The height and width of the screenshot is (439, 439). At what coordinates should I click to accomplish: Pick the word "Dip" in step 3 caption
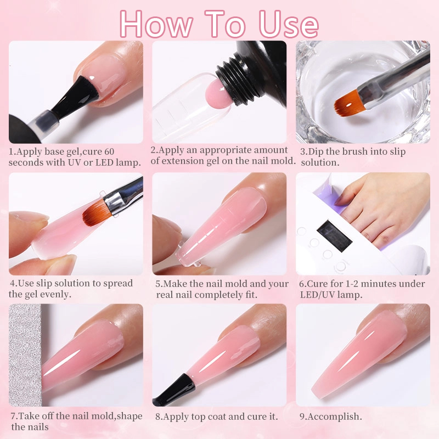[317, 152]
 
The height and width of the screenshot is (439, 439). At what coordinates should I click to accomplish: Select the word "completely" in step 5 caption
[215, 294]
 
